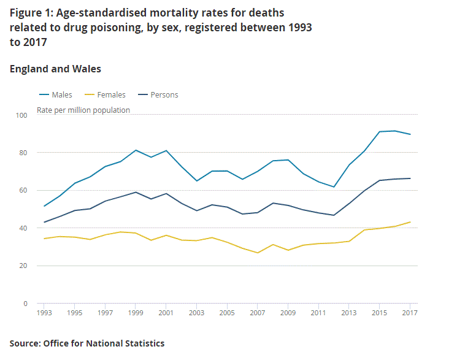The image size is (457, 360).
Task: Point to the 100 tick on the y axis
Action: pos(21,115)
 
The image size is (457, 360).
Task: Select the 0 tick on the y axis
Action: pos(25,304)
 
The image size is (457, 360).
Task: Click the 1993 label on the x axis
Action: pos(44,313)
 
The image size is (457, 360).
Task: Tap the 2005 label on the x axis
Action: pos(227,313)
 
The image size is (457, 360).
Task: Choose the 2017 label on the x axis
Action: pos(410,313)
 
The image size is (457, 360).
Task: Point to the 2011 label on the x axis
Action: pos(318,313)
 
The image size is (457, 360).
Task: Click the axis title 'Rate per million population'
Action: pos(83,110)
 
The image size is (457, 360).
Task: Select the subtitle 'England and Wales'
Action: pos(55,69)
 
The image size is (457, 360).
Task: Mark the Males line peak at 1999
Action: pos(136,150)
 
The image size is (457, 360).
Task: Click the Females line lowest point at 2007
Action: pos(258,253)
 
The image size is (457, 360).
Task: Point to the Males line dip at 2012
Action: pos(334,187)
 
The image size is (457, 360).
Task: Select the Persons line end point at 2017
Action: pos(410,178)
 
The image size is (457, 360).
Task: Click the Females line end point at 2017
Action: pos(410,222)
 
